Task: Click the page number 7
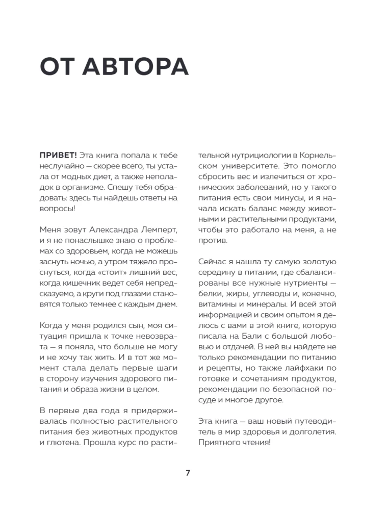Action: click(x=188, y=473)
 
